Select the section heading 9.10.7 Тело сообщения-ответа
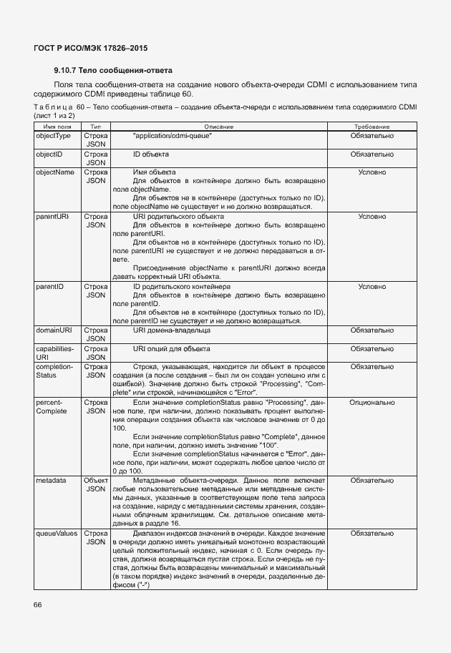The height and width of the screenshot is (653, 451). coord(112,71)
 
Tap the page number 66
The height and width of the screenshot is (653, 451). coord(37,605)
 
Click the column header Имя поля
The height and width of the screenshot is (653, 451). coord(57,126)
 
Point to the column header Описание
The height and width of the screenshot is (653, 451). coord(218,126)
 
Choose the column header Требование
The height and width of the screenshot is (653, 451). coord(372,126)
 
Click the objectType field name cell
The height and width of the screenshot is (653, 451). coord(54,135)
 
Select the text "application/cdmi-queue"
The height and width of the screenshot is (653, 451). coord(173,135)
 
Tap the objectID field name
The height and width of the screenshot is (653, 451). coord(50,154)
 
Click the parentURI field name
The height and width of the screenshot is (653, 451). coord(52,216)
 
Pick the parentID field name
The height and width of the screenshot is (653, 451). coord(50,286)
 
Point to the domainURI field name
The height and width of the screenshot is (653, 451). coord(54,330)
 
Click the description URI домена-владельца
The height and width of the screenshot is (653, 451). coord(172,330)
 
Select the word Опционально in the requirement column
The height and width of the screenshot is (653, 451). coord(372,403)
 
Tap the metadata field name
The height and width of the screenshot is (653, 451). coord(51,481)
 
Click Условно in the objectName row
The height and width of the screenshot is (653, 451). coord(372,172)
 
